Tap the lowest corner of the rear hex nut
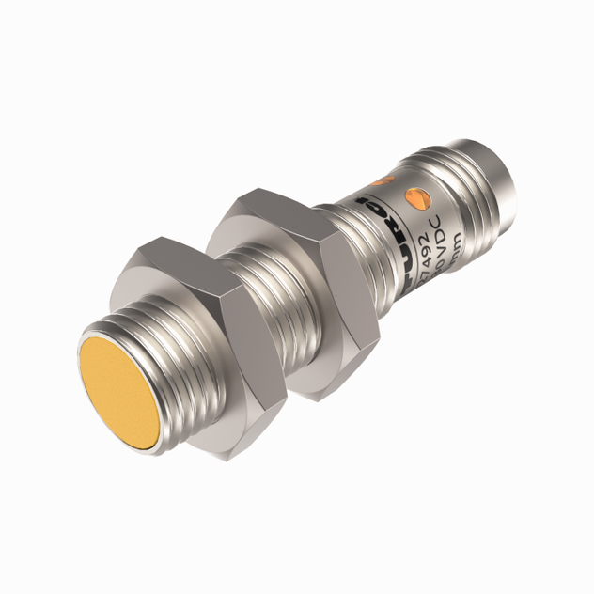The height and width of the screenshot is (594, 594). coord(324,395)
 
